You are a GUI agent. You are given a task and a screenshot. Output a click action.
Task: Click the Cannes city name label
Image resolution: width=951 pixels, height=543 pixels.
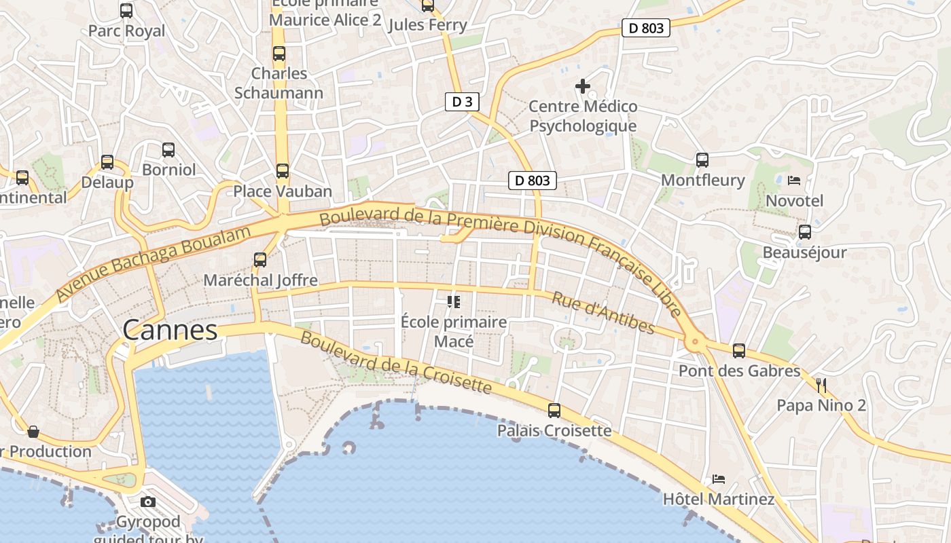[x=170, y=331]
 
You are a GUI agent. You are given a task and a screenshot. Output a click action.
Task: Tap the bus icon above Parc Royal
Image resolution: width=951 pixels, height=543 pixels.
[x=126, y=11]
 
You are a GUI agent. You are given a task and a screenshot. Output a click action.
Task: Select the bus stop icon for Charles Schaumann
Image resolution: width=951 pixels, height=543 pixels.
[x=279, y=54]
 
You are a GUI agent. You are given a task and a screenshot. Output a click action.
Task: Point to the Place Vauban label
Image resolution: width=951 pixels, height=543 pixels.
[x=283, y=191]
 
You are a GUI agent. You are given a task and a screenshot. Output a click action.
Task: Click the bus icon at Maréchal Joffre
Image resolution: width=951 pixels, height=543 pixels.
[x=260, y=260]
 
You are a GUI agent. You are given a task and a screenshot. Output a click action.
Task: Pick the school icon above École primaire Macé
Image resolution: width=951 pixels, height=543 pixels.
[x=454, y=301]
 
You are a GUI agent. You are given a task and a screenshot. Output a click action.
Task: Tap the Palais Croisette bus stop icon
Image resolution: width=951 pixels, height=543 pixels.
[x=554, y=411]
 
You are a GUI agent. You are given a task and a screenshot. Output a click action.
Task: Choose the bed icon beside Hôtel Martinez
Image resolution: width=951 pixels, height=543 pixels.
[x=719, y=479]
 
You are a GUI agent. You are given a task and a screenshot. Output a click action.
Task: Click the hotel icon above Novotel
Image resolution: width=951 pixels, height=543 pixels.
[x=794, y=181]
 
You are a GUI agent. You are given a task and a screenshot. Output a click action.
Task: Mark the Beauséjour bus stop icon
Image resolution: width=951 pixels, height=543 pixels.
[x=805, y=232]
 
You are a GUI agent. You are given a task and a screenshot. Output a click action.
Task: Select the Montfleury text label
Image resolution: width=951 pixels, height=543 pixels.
[x=702, y=181]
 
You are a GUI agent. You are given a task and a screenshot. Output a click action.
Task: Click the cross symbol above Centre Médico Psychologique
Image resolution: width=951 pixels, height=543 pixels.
[x=583, y=86]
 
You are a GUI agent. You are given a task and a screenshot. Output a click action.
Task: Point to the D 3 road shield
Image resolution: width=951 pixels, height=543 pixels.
[x=462, y=102]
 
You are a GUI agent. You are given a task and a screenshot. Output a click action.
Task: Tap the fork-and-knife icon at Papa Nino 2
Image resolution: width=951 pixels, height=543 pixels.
[x=822, y=386]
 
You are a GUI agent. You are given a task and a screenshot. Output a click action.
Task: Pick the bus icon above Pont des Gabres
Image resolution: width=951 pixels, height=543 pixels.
[x=739, y=351]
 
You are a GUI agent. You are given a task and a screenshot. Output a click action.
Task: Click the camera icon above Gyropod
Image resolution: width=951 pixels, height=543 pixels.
[x=148, y=502]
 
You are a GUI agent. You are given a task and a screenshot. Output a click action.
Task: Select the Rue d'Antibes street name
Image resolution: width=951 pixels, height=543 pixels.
[x=603, y=313]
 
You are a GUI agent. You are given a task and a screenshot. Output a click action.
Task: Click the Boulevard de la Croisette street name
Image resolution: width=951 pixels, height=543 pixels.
[x=395, y=362]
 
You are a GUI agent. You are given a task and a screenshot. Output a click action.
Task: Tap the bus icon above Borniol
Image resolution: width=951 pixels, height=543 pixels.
[x=168, y=150]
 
